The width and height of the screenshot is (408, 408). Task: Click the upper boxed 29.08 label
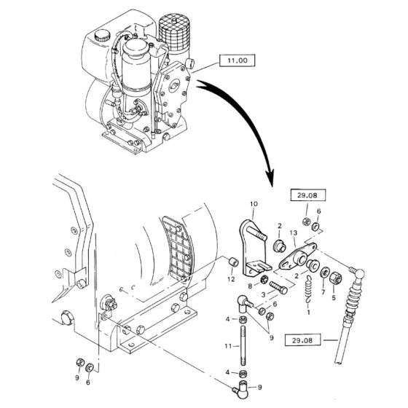coord(307,195)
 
